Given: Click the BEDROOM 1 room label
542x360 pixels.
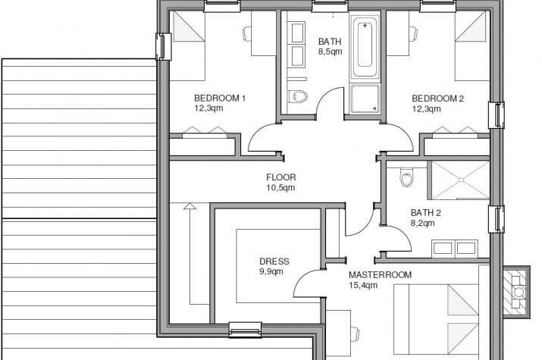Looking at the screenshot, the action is (x=220, y=99).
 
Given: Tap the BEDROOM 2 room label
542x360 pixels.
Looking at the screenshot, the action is (x=437, y=99).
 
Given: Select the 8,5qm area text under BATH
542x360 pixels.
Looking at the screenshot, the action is (x=330, y=52).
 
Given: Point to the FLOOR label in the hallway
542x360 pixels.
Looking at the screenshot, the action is (x=281, y=177).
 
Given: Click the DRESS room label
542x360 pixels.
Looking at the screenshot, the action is (x=274, y=261).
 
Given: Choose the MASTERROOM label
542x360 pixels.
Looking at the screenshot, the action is (x=380, y=275).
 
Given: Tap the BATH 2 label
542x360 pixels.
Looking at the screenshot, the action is (x=425, y=213).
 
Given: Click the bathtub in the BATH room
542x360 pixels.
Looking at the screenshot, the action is (x=365, y=46).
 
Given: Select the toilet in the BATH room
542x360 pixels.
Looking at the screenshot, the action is (x=298, y=96).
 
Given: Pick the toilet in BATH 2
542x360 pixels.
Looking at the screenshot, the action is (x=406, y=177).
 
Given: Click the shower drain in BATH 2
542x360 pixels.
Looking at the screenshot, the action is (x=461, y=180).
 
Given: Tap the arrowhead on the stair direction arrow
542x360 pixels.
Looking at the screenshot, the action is (x=190, y=206).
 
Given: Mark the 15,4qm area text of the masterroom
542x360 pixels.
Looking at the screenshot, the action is (x=363, y=286).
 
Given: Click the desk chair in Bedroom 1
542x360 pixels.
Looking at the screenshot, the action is (x=247, y=34).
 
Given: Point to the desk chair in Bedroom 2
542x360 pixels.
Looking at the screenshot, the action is (x=414, y=33).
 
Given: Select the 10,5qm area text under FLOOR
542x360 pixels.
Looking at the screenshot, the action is (x=280, y=188).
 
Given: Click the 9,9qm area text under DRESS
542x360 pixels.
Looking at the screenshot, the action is (x=271, y=271).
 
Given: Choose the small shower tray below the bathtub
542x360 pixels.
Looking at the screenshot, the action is (x=365, y=99).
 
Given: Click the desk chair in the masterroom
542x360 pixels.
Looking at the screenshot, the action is (x=356, y=334).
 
